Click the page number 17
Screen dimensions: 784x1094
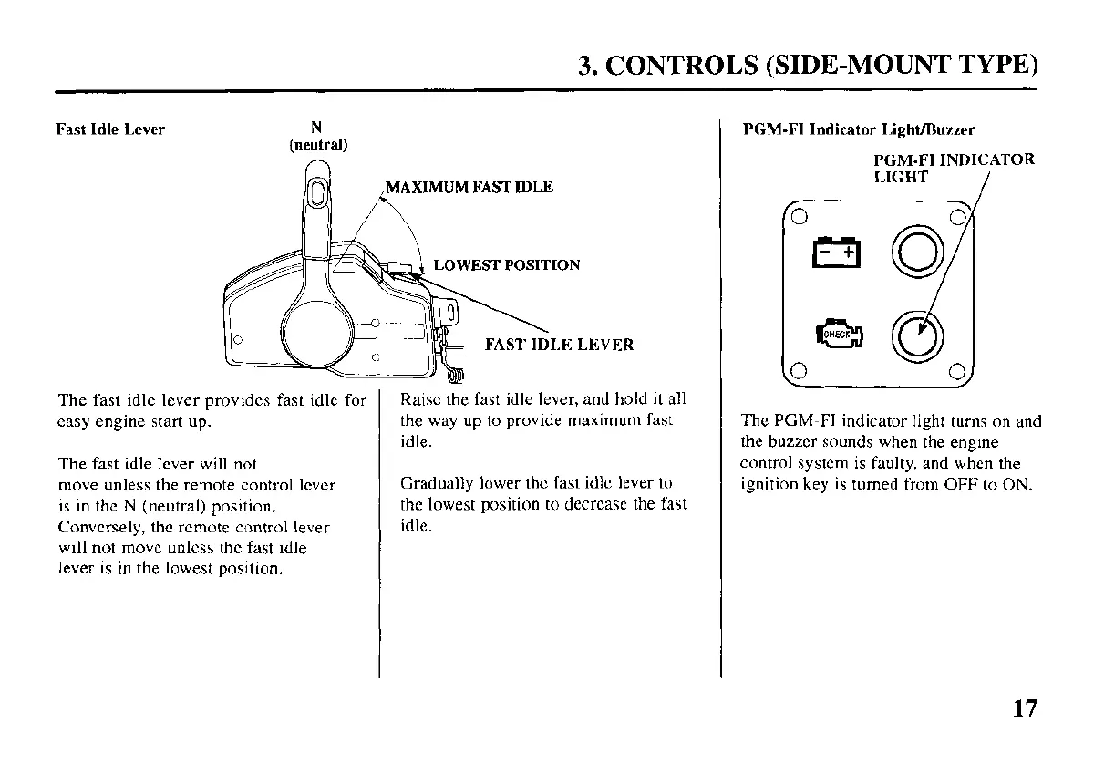[x=1025, y=708]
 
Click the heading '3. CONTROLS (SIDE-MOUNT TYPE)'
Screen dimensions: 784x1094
[x=808, y=67]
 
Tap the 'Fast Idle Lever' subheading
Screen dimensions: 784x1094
[x=110, y=129]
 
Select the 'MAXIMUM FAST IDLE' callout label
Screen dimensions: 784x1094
[x=470, y=188]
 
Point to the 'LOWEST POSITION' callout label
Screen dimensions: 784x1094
[x=506, y=265]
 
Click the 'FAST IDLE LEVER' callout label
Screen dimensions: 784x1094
[x=559, y=345]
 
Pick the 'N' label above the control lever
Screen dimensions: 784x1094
[x=316, y=128]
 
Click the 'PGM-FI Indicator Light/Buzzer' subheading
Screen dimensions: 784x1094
[x=859, y=130]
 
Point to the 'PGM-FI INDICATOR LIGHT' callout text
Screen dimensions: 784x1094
[x=952, y=168]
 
